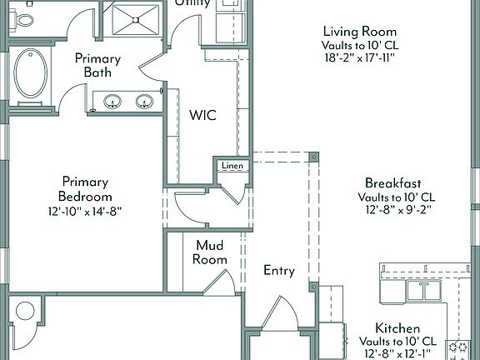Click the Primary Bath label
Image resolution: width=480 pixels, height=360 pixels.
97,66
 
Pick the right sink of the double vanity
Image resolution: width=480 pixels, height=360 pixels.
144,102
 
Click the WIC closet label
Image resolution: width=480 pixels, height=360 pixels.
202,115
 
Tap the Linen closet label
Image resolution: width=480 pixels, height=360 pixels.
231,166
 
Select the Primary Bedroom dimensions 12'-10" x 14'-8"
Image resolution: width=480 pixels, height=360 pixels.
86,212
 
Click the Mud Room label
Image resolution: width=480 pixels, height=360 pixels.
211,252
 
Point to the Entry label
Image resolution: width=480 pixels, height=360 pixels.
279,270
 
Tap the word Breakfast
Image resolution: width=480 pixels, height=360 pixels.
392,183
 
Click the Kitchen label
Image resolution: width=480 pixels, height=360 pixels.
397,328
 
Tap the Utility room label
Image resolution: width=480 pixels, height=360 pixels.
192,4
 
